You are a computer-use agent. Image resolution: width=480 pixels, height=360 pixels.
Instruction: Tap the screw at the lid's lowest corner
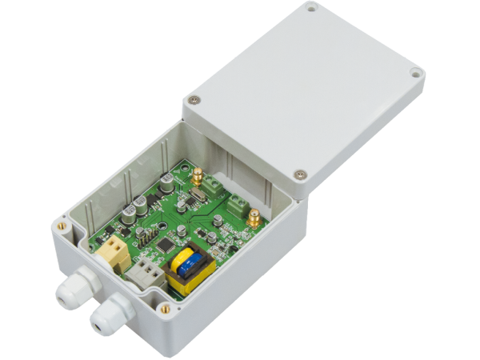299,173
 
